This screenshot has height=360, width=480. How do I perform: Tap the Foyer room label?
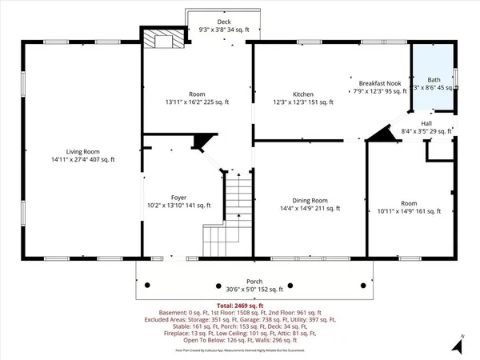click(x=178, y=197)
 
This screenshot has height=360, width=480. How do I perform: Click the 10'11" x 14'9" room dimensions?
click(x=410, y=211)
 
